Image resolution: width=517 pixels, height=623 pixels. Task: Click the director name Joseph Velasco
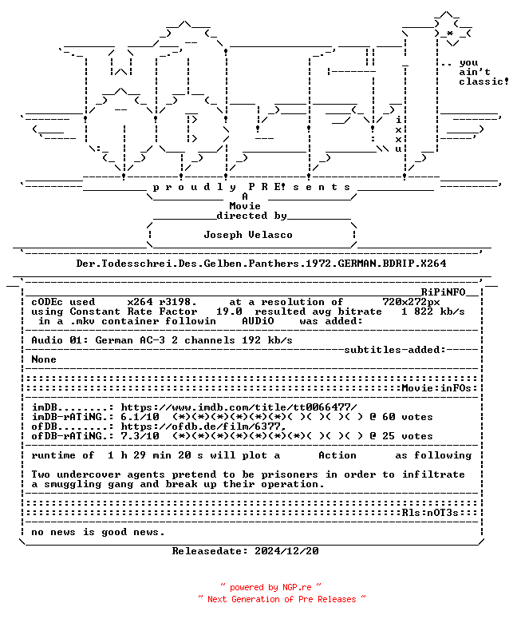click(248, 235)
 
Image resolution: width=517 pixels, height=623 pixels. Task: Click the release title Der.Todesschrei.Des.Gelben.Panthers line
click(261, 264)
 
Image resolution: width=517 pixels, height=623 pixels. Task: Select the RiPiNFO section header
click(443, 292)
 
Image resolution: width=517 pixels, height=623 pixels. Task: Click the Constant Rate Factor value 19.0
click(229, 311)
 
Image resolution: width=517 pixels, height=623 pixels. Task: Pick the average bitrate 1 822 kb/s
click(433, 311)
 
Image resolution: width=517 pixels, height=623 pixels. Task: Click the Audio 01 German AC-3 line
click(162, 340)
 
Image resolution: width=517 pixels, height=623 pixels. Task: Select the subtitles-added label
click(395, 350)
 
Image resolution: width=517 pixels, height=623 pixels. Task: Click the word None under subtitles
click(44, 359)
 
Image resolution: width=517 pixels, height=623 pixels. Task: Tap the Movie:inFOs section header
click(436, 388)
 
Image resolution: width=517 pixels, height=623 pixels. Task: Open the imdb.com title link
click(239, 407)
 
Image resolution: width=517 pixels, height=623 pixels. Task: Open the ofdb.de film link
click(203, 427)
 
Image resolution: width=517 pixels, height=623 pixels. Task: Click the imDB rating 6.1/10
click(140, 417)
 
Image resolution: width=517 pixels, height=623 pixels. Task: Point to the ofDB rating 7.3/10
click(140, 436)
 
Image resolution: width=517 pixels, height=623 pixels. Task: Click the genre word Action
click(337, 455)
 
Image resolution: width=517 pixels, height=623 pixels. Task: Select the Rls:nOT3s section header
click(430, 513)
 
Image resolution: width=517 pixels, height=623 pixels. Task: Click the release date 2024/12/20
click(286, 551)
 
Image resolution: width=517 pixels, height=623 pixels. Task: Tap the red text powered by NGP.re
click(270, 588)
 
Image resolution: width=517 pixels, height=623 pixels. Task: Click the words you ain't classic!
click(483, 73)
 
